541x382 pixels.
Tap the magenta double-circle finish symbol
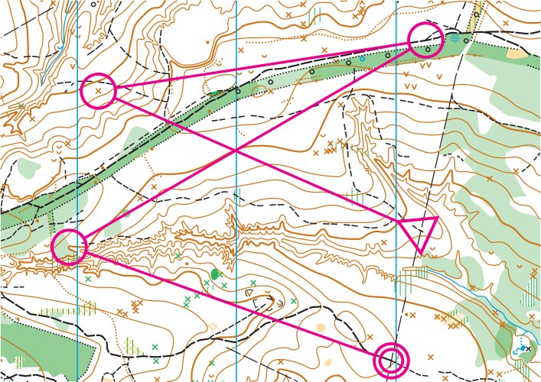tap(391, 358)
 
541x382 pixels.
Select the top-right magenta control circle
tap(425, 39)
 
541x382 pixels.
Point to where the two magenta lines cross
tap(236, 150)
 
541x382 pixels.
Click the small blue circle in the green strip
tap(362, 58)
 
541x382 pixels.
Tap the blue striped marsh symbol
tap(455, 36)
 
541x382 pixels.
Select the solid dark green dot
tap(215, 274)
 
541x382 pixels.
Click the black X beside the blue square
tap(528, 348)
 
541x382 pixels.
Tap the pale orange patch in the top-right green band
tap(518, 53)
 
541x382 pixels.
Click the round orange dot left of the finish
tap(321, 327)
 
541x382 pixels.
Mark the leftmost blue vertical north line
tap(78, 191)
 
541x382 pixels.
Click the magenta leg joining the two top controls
tap(260, 65)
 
